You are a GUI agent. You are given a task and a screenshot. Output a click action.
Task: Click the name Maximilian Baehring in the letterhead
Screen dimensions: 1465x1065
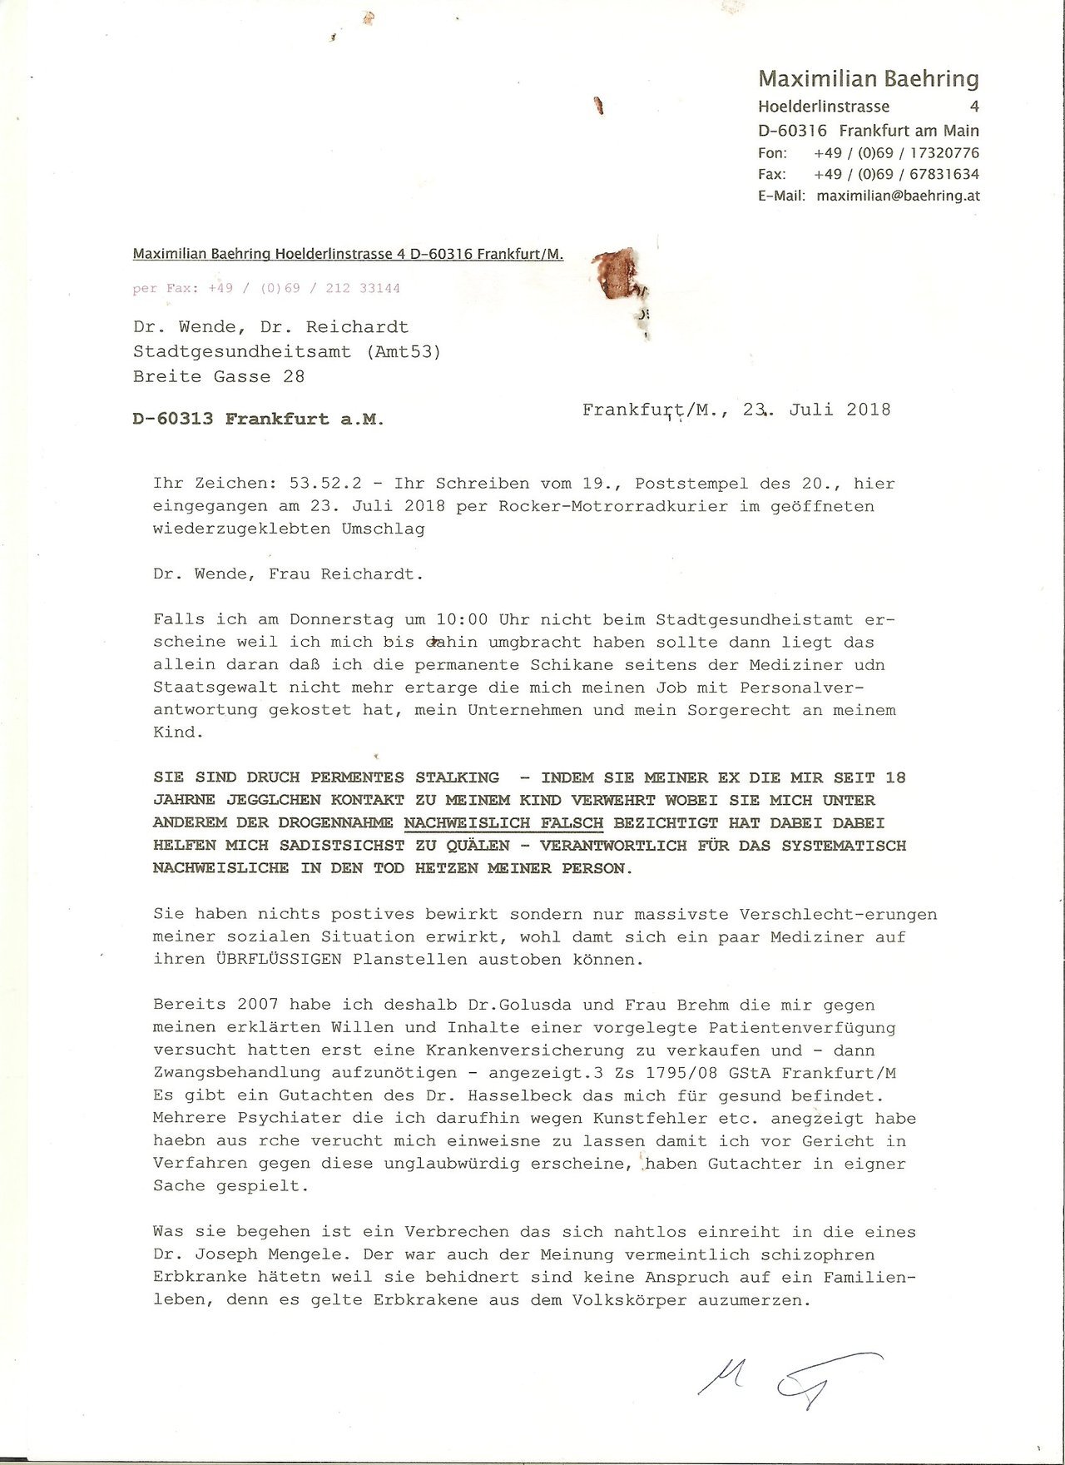click(868, 79)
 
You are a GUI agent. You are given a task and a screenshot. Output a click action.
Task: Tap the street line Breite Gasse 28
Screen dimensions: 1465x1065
click(219, 376)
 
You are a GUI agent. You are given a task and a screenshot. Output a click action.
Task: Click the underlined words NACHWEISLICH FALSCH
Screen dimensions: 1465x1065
click(503, 822)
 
